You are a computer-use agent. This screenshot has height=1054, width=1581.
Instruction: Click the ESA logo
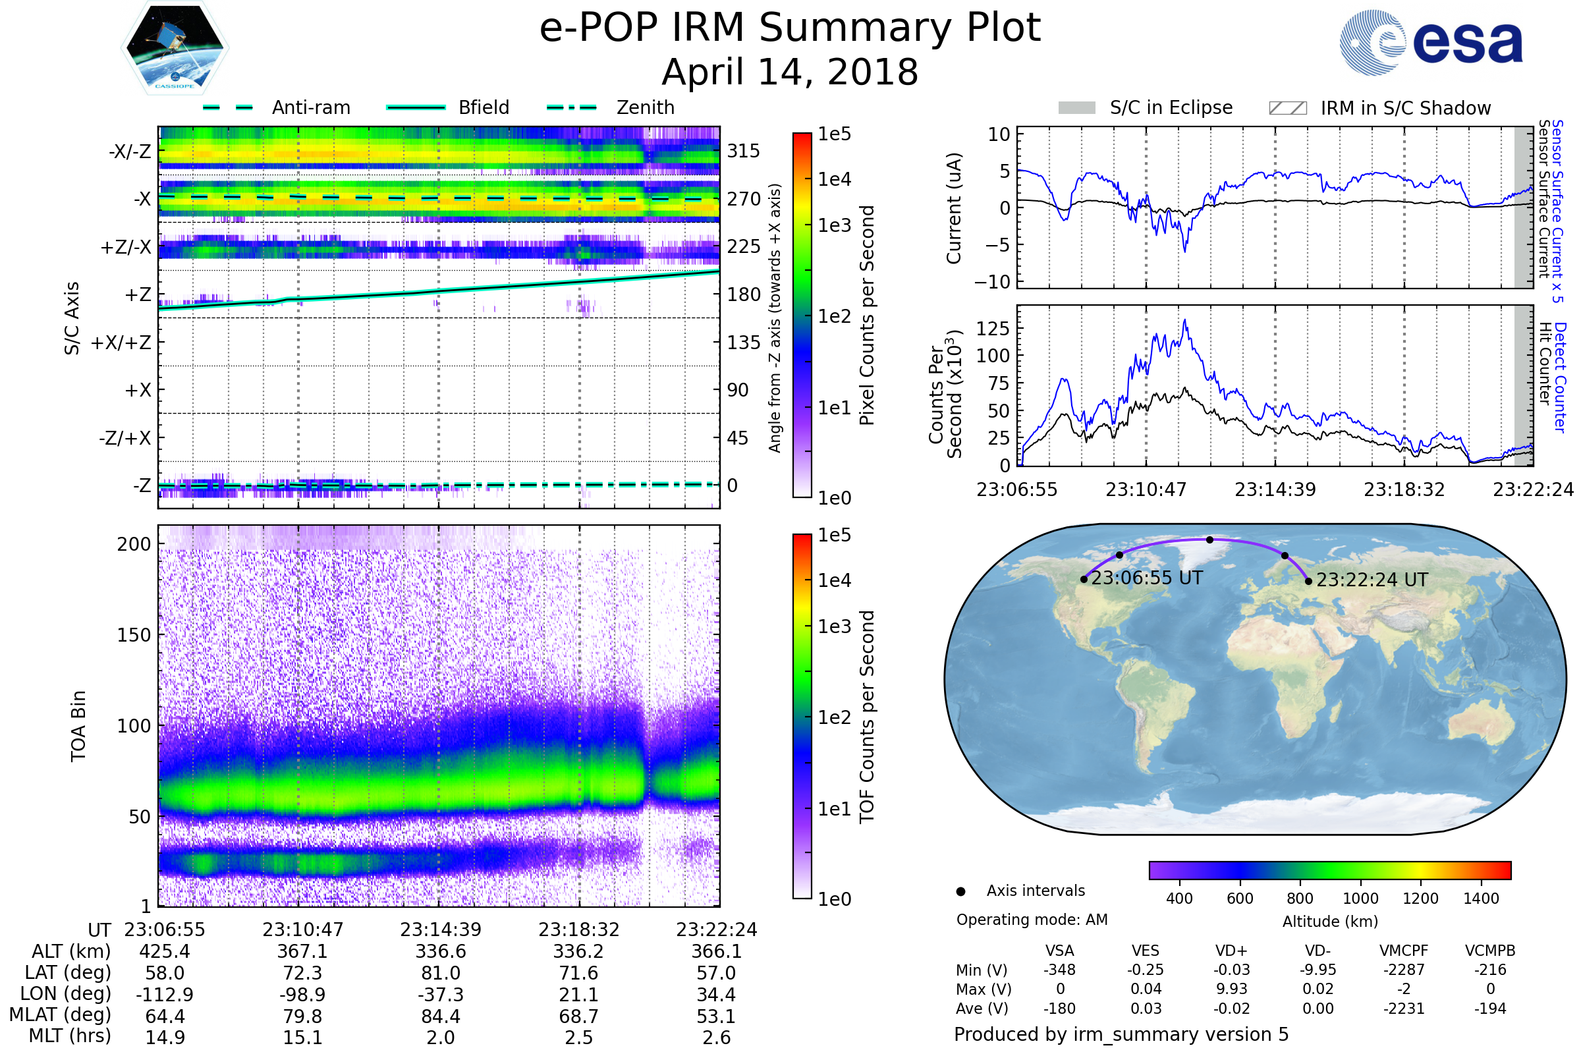(1431, 42)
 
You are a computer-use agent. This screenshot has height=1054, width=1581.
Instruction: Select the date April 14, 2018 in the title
(790, 72)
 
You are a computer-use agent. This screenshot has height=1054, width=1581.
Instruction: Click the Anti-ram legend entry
(276, 107)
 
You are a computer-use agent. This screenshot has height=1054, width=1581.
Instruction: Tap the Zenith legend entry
(611, 107)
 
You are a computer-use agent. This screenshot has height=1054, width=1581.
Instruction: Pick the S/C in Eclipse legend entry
(1146, 107)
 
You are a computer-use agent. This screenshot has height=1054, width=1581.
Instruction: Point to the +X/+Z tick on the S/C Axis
(121, 343)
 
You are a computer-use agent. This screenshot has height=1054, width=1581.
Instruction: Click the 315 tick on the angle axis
(744, 151)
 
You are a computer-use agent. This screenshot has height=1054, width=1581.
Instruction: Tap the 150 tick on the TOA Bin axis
(134, 635)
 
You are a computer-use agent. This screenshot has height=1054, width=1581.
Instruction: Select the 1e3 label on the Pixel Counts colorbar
(834, 225)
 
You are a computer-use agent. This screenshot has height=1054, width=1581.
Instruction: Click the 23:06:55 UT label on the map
(1147, 578)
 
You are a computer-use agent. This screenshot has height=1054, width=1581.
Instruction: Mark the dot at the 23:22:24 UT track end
(1308, 582)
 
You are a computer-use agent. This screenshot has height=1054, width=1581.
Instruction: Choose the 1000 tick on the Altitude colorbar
(1360, 899)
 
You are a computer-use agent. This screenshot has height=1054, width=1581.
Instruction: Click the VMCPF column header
(1404, 951)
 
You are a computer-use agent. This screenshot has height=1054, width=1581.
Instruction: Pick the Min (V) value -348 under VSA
(1059, 970)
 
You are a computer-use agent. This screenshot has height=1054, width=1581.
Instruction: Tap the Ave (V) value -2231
(1404, 1009)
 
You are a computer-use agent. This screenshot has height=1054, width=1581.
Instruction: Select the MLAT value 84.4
(440, 1016)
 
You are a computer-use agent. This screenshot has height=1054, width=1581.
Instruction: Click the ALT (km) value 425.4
(165, 952)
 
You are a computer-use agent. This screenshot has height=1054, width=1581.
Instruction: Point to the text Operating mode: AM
(1032, 920)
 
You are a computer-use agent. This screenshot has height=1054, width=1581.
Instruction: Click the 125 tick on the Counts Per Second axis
(993, 329)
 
